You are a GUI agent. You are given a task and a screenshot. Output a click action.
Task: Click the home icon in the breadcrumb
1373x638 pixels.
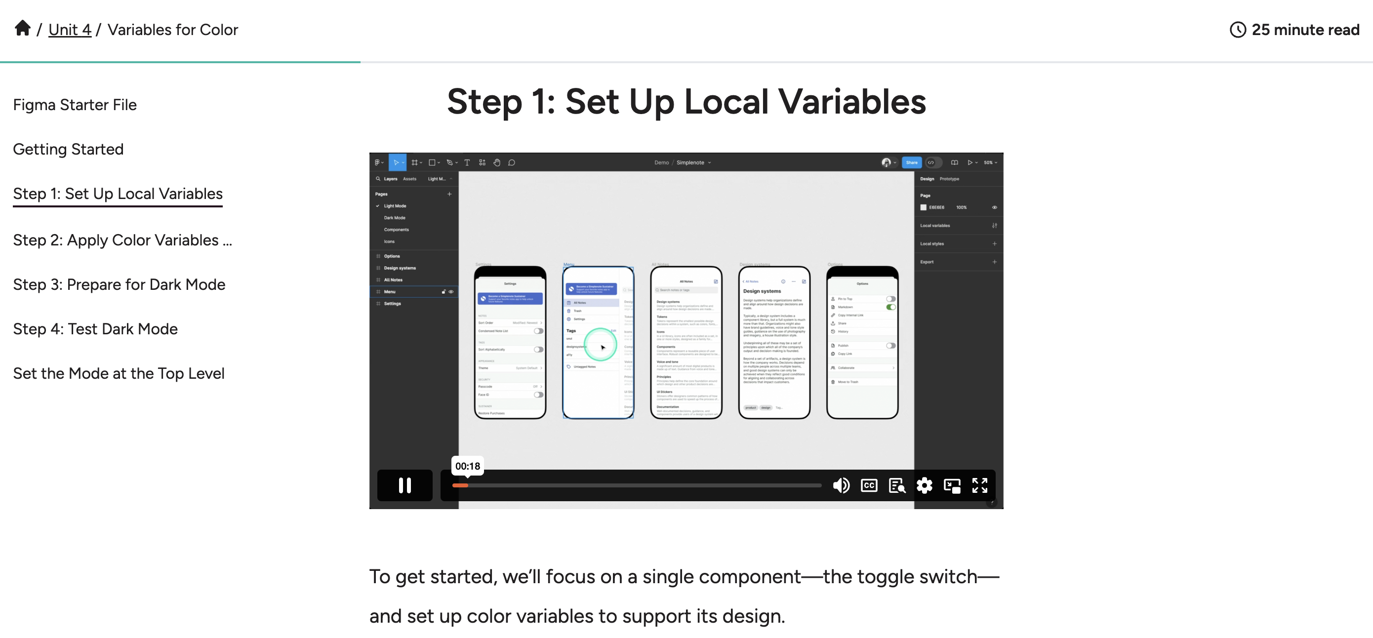click(22, 28)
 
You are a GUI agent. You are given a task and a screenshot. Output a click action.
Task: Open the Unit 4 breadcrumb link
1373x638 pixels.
click(70, 30)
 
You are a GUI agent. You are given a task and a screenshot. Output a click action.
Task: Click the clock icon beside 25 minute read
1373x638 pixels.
click(1237, 30)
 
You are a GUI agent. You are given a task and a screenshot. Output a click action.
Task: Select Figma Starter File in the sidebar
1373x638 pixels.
click(75, 105)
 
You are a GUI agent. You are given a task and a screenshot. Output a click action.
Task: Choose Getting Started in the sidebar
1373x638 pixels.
click(68, 149)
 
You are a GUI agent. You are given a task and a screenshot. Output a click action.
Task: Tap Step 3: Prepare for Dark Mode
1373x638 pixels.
click(119, 284)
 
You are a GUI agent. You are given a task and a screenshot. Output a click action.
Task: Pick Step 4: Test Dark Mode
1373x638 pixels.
click(95, 329)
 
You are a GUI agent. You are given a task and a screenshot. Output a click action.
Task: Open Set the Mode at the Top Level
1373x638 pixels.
click(119, 374)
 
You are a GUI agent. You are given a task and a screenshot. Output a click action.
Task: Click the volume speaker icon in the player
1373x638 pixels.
click(841, 485)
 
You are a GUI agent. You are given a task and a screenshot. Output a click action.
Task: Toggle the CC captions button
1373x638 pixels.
click(869, 485)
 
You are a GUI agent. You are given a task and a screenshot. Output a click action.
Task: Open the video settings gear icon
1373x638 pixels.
click(924, 485)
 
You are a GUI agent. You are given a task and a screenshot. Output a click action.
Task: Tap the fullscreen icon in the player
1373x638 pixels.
click(980, 485)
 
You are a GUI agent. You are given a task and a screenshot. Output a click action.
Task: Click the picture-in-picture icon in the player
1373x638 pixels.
click(952, 485)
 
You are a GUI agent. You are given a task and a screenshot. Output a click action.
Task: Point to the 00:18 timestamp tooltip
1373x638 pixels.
click(467, 466)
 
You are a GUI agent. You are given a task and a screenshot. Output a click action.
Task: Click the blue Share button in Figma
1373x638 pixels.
click(911, 162)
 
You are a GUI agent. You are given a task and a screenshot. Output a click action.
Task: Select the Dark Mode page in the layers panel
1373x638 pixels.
click(395, 218)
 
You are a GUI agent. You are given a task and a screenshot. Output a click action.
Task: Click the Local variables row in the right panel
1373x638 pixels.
click(935, 226)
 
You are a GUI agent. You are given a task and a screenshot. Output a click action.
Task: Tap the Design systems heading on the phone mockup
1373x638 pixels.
click(762, 291)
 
